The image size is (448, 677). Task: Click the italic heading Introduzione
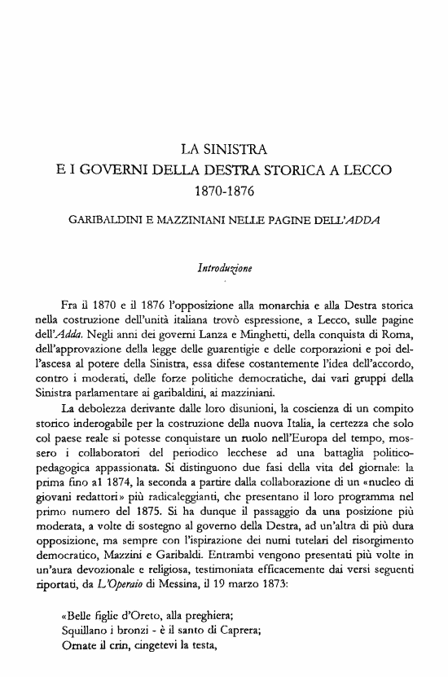(223, 266)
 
